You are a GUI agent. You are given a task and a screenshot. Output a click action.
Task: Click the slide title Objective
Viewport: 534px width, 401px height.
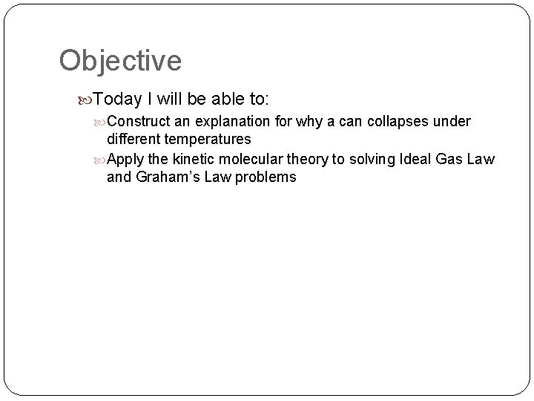120,61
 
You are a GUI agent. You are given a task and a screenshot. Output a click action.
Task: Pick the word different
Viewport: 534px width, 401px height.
133,139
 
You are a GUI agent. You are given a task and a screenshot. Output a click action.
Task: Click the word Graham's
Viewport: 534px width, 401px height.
165,177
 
